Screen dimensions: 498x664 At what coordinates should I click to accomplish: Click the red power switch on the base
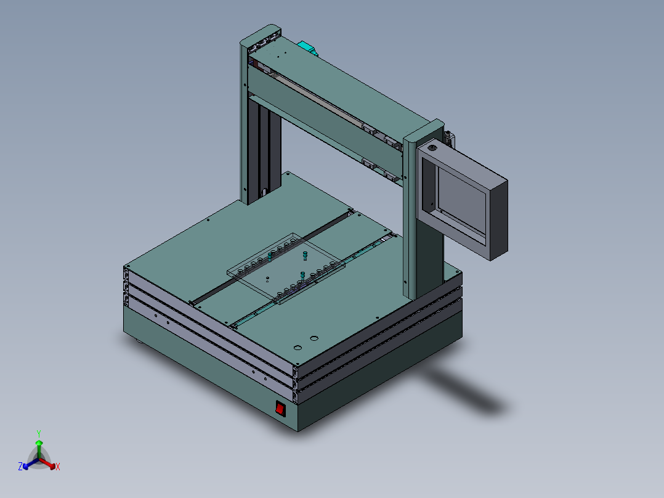pyautogui.click(x=280, y=408)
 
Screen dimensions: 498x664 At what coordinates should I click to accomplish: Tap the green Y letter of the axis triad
pyautogui.click(x=38, y=433)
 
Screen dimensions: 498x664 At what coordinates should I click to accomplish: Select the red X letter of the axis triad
pyautogui.click(x=58, y=467)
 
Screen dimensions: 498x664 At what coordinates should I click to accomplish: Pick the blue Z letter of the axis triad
pyautogui.click(x=20, y=467)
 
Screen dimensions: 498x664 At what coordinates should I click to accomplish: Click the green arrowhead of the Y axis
pyautogui.click(x=39, y=443)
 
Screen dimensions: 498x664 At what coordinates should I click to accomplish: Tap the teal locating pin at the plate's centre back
pyautogui.click(x=304, y=255)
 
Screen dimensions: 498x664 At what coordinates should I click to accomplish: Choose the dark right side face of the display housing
pyautogui.click(x=499, y=219)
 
